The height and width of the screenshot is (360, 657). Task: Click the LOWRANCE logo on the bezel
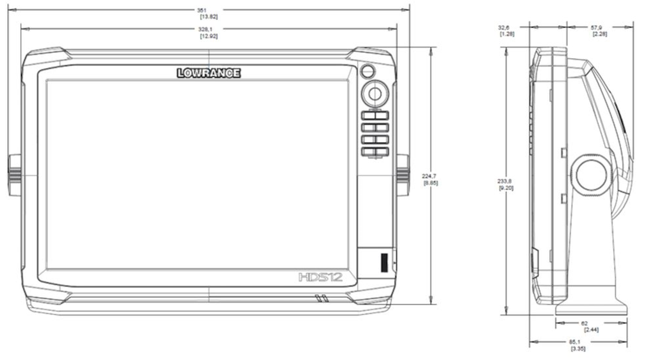(208, 73)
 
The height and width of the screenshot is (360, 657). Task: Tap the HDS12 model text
(320, 277)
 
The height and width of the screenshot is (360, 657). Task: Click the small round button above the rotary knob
(367, 72)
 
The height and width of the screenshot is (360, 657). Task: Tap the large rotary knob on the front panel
(374, 93)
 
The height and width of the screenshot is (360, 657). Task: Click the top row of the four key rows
(375, 115)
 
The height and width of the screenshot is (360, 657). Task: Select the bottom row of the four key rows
(375, 152)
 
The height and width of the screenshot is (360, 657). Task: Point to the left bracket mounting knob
(14, 175)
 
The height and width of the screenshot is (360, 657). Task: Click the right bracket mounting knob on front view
(402, 175)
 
